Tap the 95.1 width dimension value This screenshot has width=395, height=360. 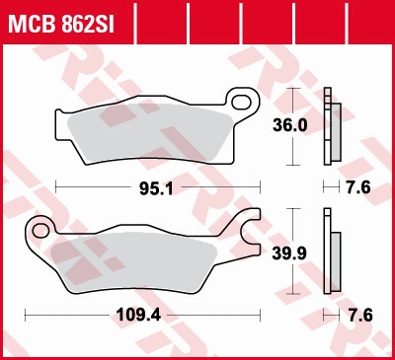point(159,187)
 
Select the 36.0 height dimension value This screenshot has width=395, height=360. point(290,126)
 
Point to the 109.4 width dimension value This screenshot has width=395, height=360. point(141,315)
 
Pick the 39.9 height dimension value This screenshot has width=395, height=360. point(290,253)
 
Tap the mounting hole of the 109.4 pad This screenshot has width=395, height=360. point(40,230)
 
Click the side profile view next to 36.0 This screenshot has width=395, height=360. point(331,126)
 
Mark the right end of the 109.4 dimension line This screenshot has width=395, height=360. point(259,315)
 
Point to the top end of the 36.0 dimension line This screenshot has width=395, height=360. point(290,89)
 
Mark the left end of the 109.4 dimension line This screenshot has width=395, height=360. point(25,315)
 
